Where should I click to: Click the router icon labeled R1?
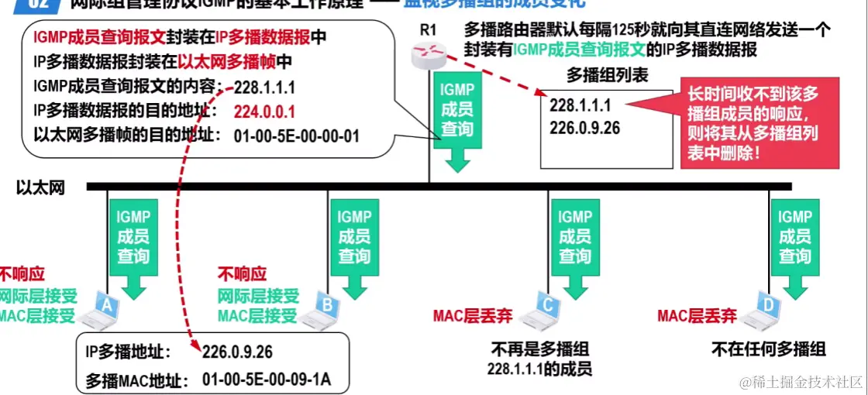click(429, 54)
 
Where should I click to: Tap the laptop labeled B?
click(321, 308)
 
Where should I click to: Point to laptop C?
click(542, 308)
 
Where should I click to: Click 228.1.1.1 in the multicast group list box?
click(580, 105)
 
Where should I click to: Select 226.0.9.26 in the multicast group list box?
click(585, 127)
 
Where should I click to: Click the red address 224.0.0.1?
click(264, 111)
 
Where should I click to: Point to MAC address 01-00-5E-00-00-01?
click(296, 136)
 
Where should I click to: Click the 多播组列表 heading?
click(607, 75)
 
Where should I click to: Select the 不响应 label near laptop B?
click(242, 274)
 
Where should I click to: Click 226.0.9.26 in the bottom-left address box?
click(237, 352)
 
